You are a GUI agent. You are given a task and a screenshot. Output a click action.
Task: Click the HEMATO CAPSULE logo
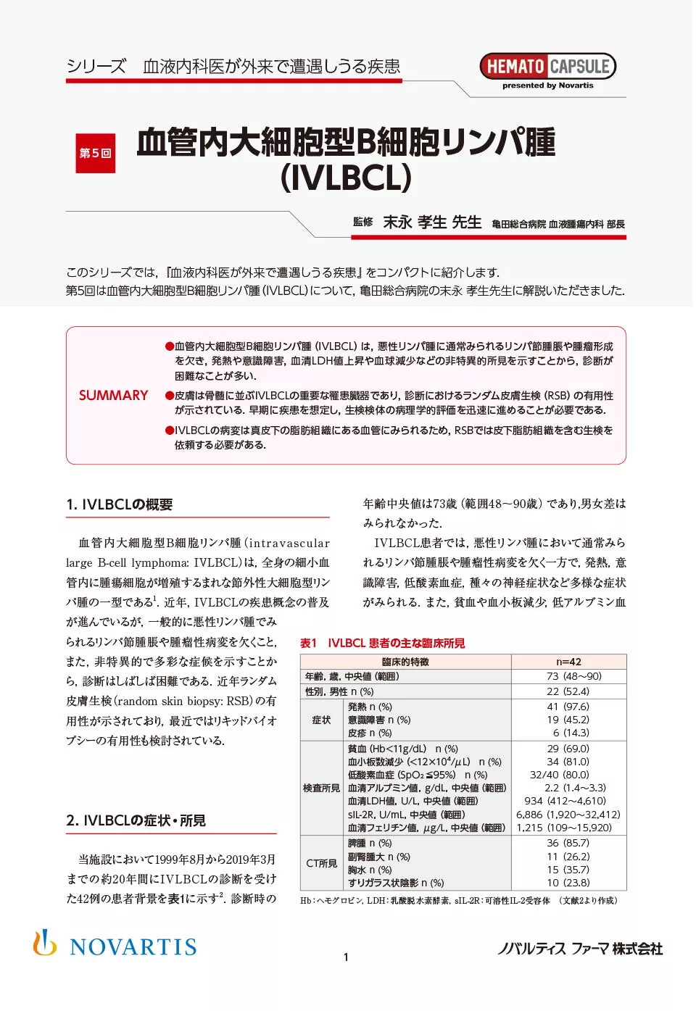point(547,67)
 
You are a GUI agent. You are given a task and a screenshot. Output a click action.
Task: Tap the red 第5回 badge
point(95,153)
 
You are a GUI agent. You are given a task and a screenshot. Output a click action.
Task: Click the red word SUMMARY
point(113,396)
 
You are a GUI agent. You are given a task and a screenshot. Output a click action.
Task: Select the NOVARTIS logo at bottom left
point(115,945)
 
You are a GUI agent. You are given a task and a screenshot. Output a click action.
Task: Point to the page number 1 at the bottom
point(346,957)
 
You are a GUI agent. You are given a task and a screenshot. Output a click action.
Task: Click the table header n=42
point(568,662)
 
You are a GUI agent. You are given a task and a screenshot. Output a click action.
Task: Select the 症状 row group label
point(321,720)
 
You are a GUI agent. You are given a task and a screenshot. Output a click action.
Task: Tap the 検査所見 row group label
point(321,788)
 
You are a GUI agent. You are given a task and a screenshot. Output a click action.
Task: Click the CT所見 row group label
point(321,863)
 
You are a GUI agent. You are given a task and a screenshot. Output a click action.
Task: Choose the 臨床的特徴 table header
point(405,662)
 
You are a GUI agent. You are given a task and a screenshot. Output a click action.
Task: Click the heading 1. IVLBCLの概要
point(120,505)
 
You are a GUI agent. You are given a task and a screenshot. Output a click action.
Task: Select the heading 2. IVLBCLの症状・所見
point(136,820)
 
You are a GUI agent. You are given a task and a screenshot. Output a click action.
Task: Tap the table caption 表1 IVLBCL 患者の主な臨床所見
point(382,643)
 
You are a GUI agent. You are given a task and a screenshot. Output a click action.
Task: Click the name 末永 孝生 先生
point(432,222)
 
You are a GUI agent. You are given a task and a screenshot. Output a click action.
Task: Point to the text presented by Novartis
point(547,86)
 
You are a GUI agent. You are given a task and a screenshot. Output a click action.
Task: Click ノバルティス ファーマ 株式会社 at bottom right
point(579,949)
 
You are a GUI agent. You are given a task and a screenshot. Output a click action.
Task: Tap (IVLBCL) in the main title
point(346,178)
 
